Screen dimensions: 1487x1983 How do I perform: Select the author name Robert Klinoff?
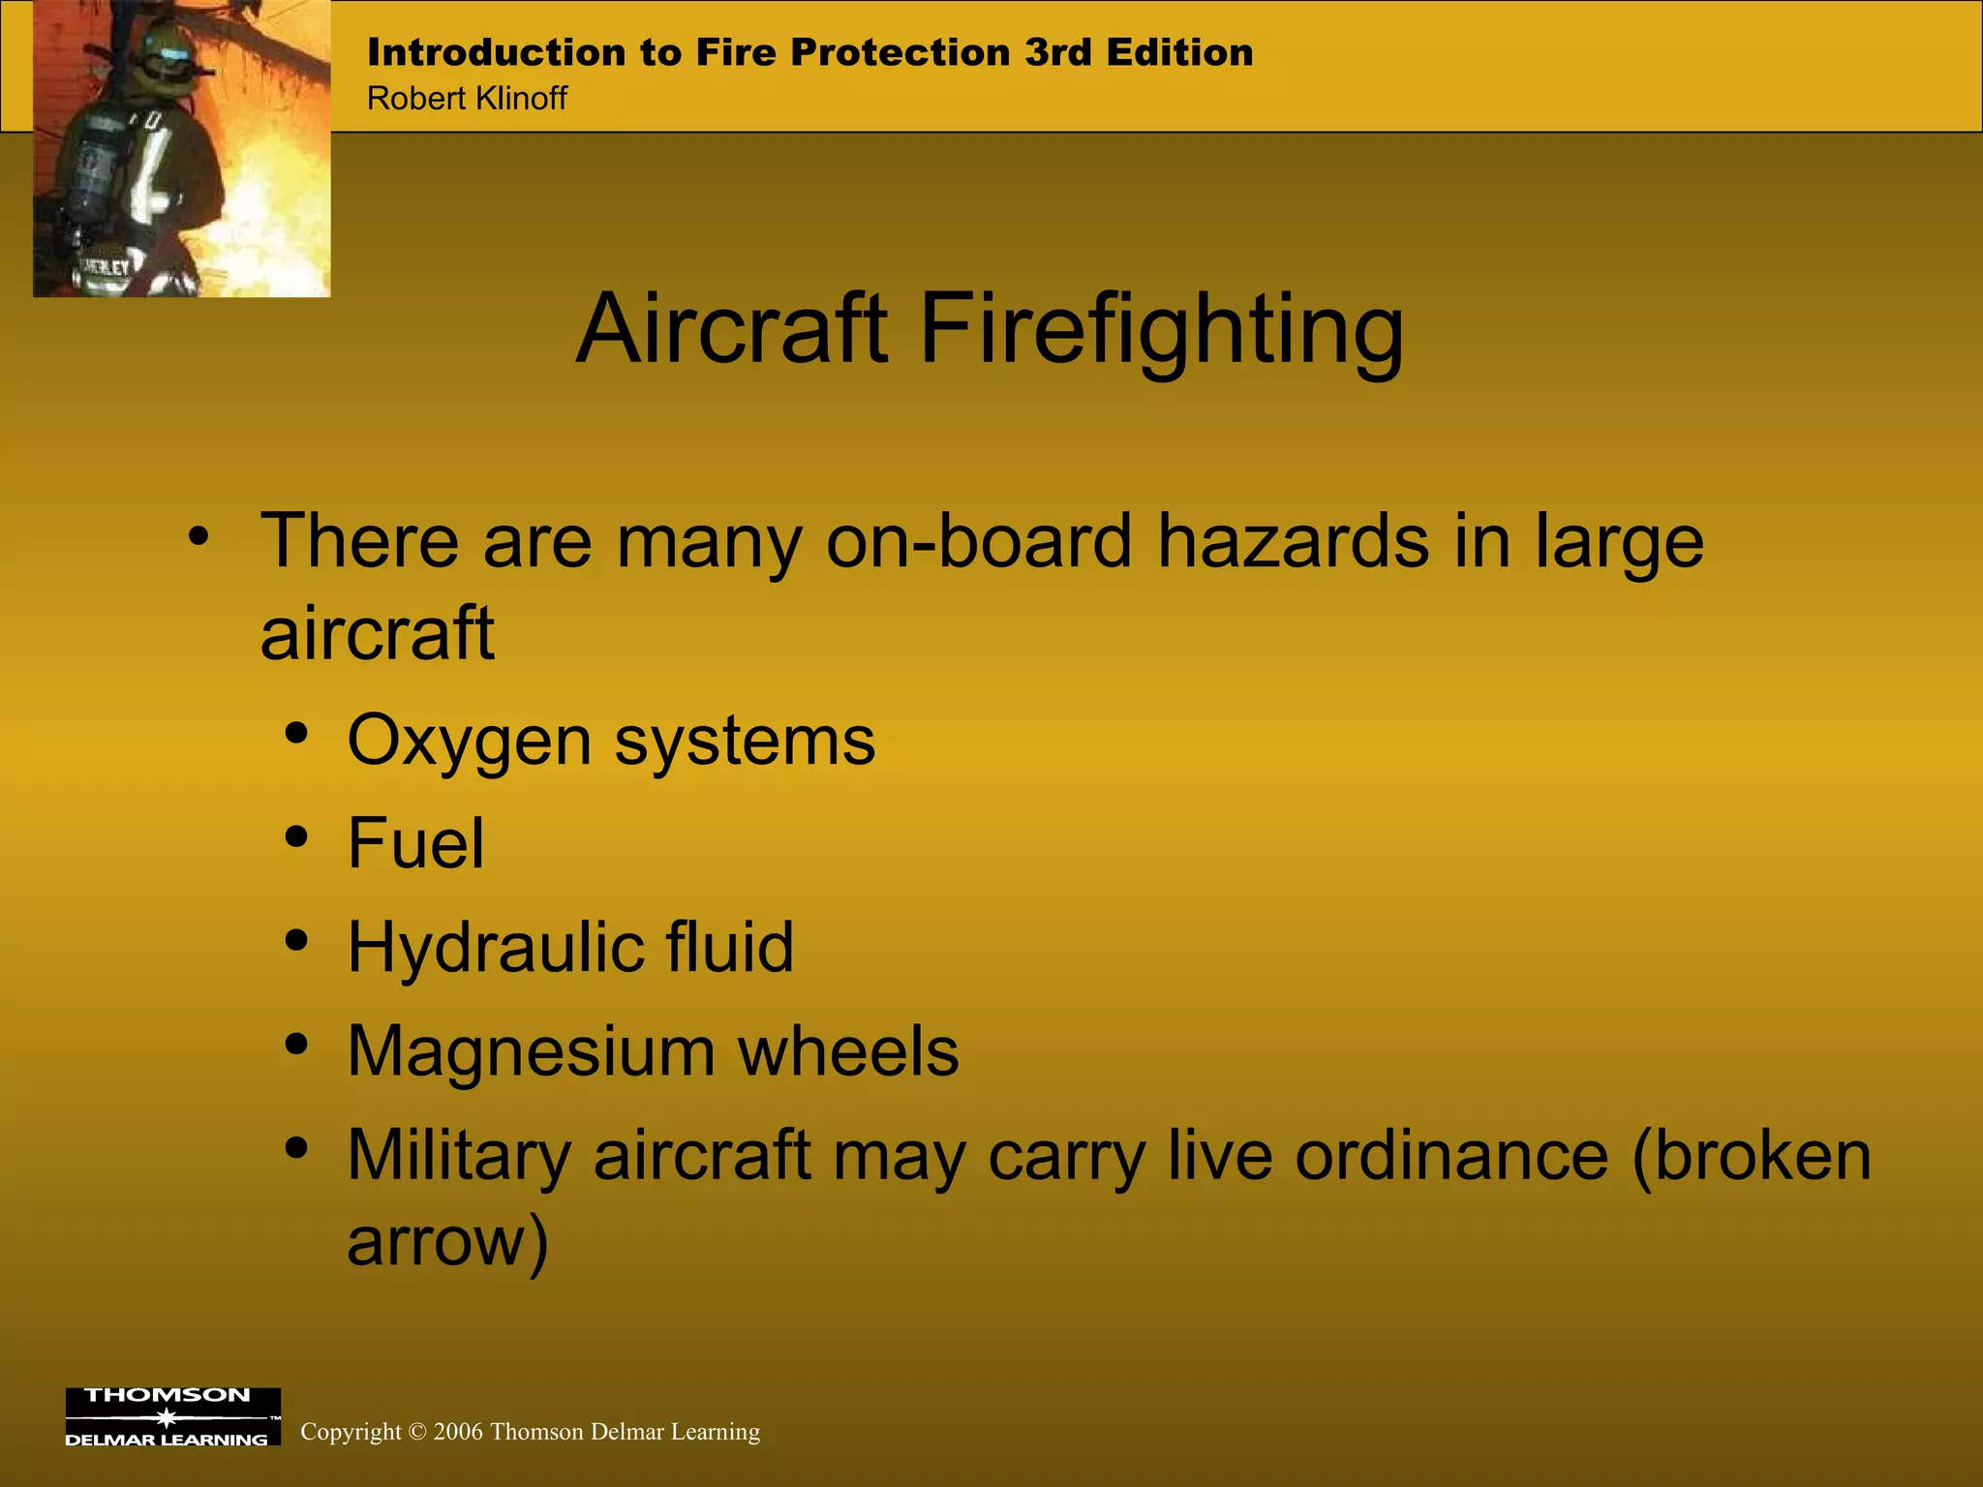(x=467, y=98)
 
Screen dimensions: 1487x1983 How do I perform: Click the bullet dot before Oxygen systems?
(x=297, y=733)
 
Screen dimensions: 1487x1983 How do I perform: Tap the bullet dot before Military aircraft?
(x=297, y=1147)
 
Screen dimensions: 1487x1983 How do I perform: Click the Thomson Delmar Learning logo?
(x=172, y=1416)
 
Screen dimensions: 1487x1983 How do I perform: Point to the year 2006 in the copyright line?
(x=458, y=1432)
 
